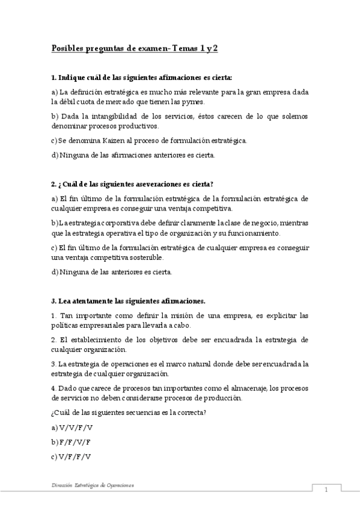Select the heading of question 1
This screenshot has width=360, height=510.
142,78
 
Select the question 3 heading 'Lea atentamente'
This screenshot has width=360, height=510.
129,300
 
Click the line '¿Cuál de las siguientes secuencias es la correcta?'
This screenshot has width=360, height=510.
129,412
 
